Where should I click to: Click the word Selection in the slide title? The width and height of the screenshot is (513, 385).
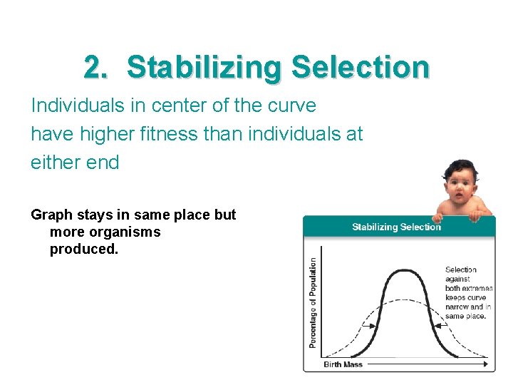361,68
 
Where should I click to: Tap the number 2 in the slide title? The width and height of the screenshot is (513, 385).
93,68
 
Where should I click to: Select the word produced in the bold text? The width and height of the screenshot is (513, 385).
83,250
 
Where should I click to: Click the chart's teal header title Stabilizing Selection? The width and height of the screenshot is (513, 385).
396,227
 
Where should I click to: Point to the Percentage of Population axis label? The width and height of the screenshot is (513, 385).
313,303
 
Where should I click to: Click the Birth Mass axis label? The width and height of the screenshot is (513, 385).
343,364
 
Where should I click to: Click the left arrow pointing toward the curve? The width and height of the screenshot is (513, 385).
369,325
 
